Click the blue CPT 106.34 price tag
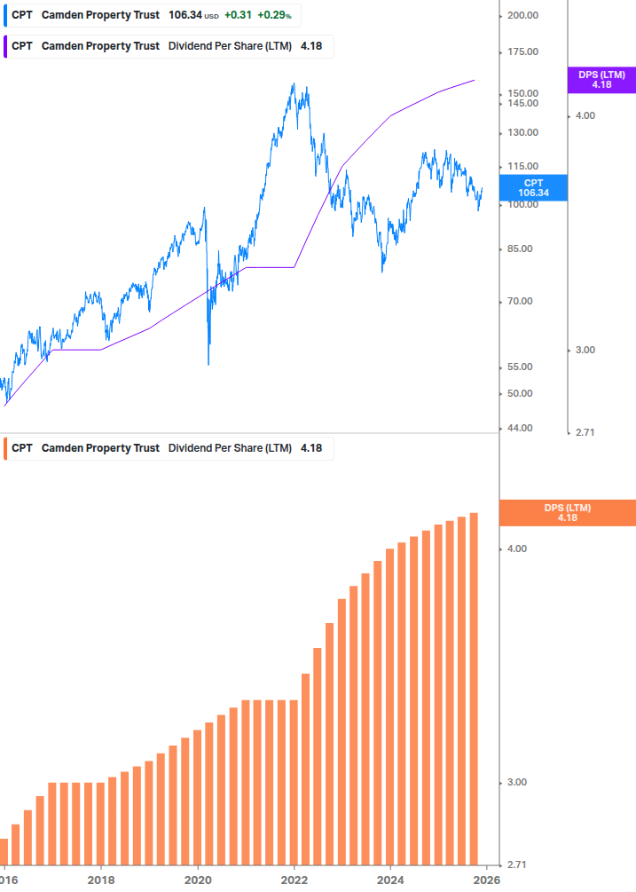(x=533, y=187)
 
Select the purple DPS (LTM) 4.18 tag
(x=601, y=80)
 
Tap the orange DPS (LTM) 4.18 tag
(x=568, y=513)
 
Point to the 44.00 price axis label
(x=520, y=428)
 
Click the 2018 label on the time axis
(x=101, y=880)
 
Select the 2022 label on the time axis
(x=294, y=880)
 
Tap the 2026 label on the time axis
(x=486, y=880)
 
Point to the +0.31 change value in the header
(x=237, y=15)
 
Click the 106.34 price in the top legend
(x=185, y=15)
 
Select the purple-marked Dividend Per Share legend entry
(x=169, y=46)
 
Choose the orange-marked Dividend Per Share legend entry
(x=169, y=448)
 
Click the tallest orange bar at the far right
(x=475, y=688)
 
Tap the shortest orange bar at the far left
(x=4, y=850)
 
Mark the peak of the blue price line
(x=294, y=84)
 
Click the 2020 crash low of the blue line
(x=208, y=364)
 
